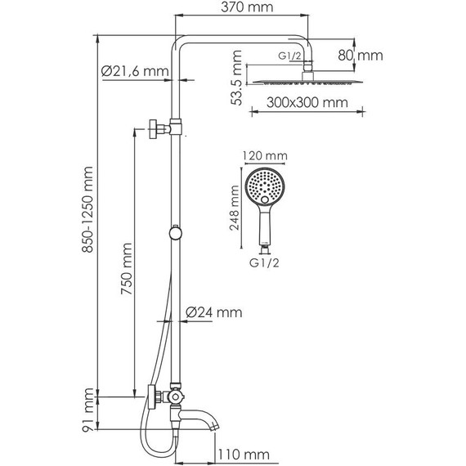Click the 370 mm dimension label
pyautogui.click(x=247, y=7)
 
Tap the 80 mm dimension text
pyautogui.click(x=361, y=56)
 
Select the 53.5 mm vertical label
pyautogui.click(x=236, y=78)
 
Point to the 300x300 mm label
pyautogui.click(x=307, y=102)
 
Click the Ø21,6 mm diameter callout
pyautogui.click(x=135, y=71)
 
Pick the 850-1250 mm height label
pyautogui.click(x=87, y=209)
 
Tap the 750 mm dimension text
pyautogui.click(x=127, y=269)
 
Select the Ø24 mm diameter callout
pyautogui.click(x=213, y=312)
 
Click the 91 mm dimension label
pyautogui.click(x=88, y=410)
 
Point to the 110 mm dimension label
pyautogui.click(x=244, y=455)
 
